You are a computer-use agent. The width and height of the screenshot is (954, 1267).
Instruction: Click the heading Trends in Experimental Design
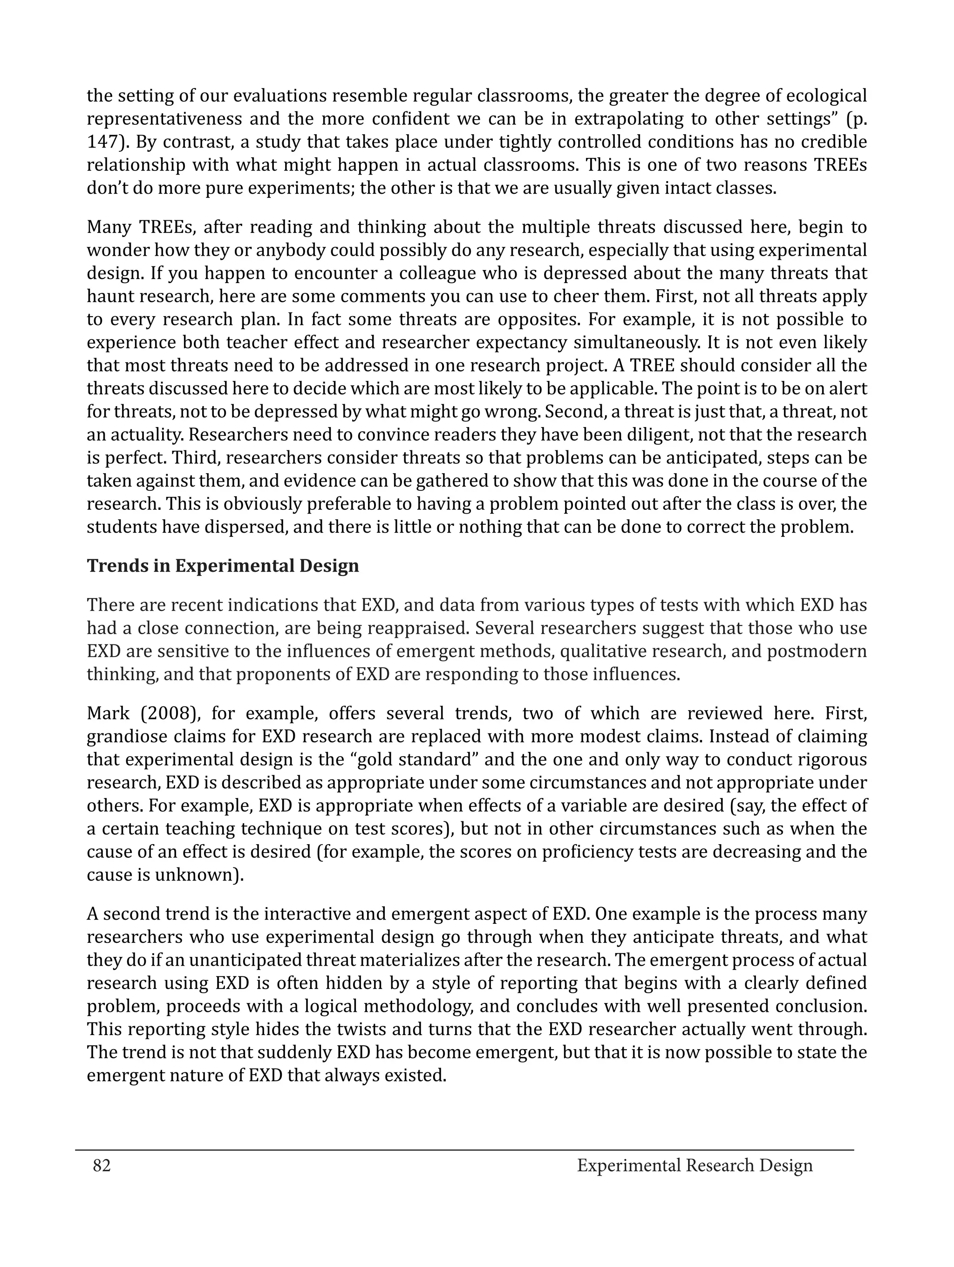click(223, 566)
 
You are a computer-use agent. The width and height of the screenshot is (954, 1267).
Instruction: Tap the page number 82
click(102, 1165)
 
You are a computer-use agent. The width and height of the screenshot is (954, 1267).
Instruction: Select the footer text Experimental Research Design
click(695, 1165)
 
